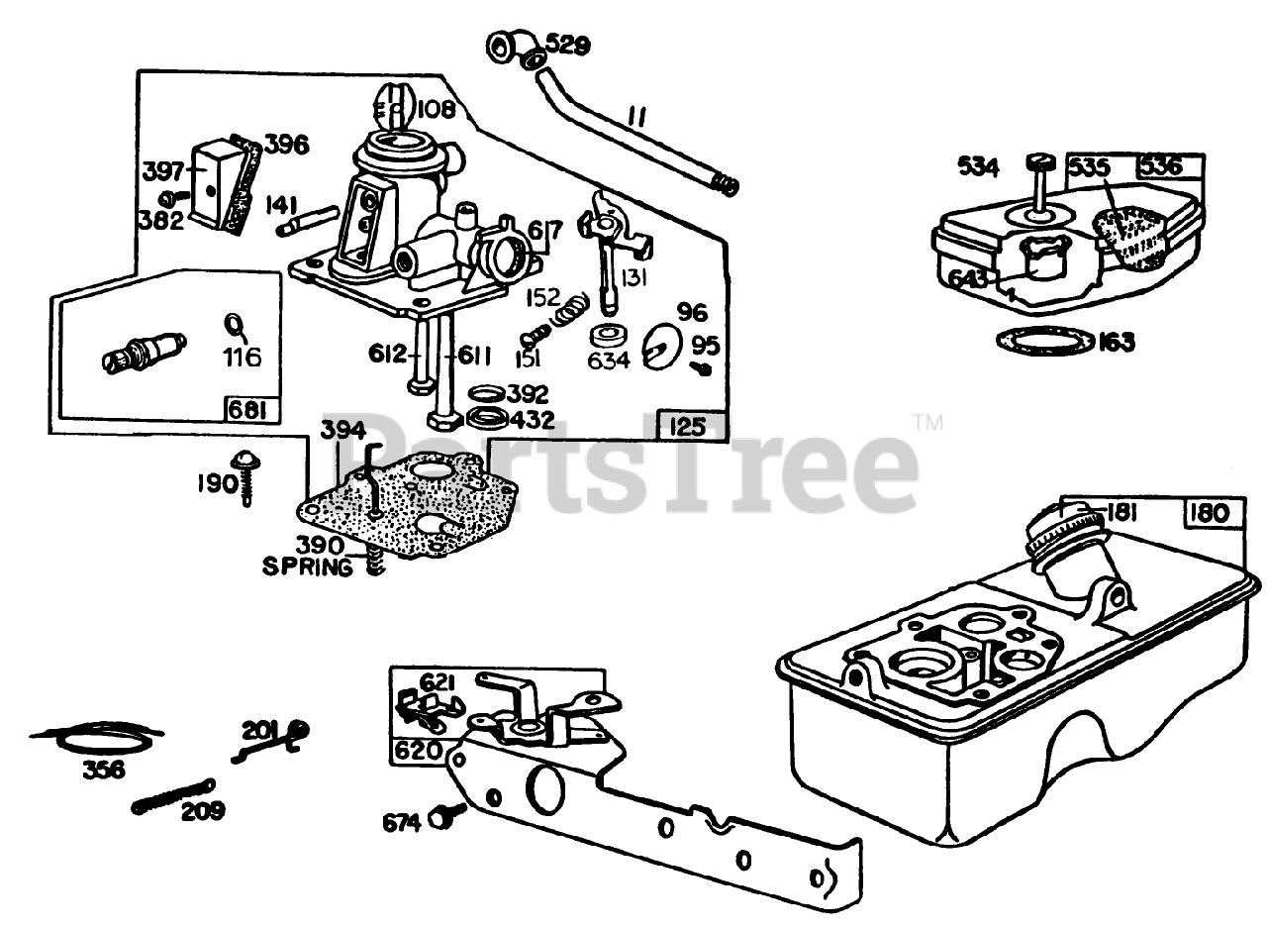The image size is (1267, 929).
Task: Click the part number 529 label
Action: click(x=568, y=46)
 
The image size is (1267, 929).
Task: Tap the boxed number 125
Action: click(x=688, y=426)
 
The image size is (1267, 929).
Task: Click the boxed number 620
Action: click(x=417, y=750)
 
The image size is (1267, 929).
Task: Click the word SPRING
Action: click(x=307, y=568)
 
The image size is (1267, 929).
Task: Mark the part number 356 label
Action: click(x=104, y=768)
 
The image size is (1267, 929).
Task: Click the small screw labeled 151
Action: click(x=535, y=333)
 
